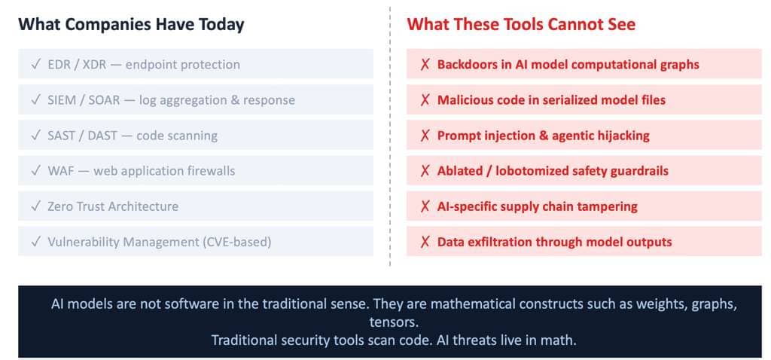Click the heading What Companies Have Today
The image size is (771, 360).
point(131,24)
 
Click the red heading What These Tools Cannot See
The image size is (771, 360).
point(521,24)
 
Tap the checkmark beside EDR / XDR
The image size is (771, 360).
point(35,65)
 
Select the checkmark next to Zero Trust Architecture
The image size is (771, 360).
point(35,206)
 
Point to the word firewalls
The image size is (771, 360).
point(212,171)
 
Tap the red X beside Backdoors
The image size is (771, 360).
point(425,65)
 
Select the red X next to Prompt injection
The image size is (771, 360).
point(425,136)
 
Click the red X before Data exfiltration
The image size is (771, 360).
point(425,242)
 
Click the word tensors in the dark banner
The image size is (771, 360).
point(392,322)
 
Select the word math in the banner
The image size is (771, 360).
point(562,340)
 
